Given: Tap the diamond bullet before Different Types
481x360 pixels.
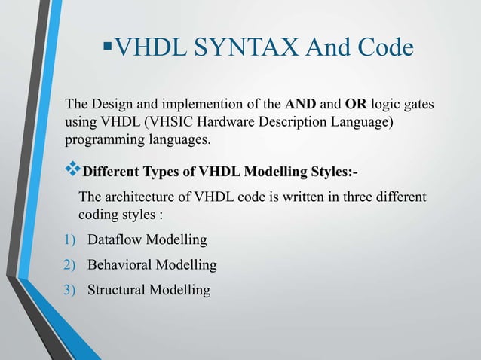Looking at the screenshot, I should pyautogui.click(x=73, y=170).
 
